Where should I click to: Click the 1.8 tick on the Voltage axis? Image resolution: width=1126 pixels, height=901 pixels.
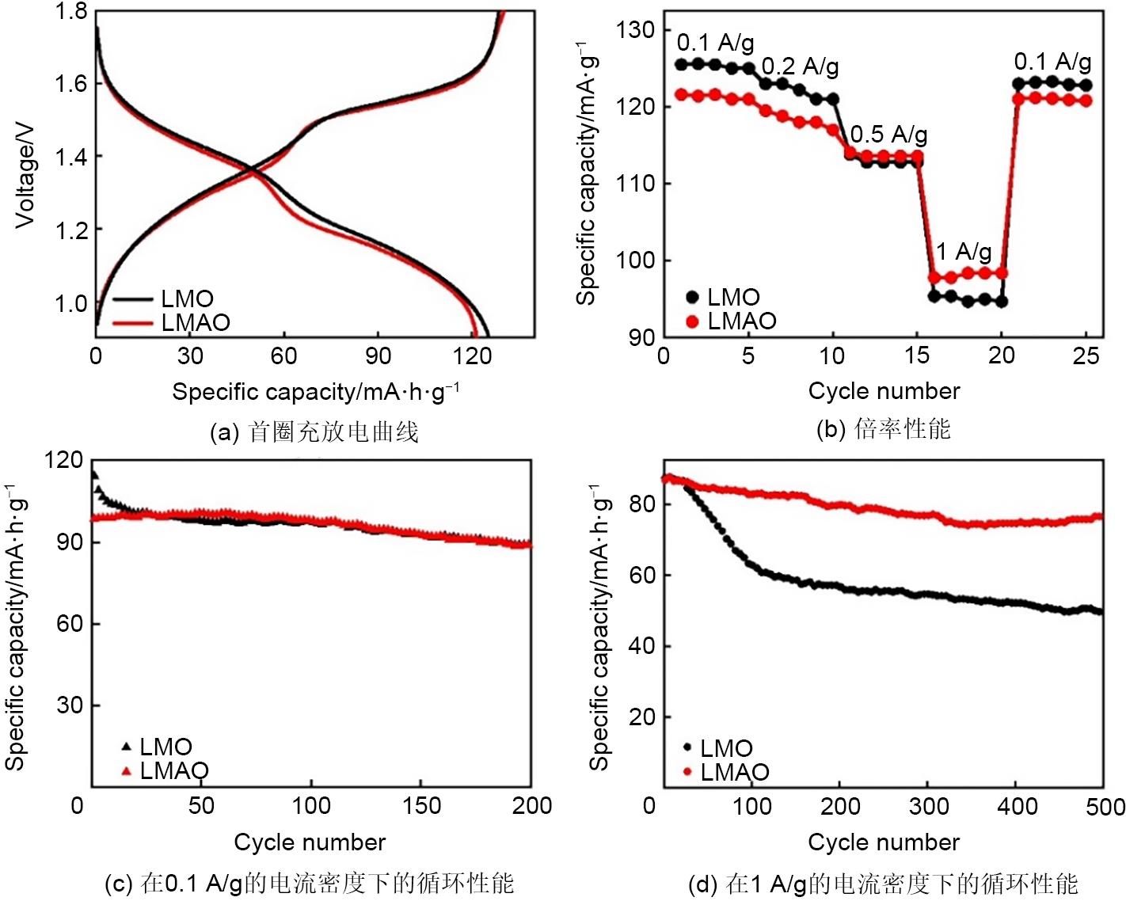[x=70, y=13]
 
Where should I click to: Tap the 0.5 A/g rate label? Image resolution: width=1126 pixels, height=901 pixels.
[x=888, y=135]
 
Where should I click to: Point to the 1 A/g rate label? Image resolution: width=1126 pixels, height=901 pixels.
[x=964, y=252]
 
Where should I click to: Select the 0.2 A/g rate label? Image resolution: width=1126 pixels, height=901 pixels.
[x=800, y=67]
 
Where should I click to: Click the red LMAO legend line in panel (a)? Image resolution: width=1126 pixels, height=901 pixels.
[x=131, y=323]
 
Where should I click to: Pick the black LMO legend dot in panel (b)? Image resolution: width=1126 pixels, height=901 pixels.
[x=693, y=298]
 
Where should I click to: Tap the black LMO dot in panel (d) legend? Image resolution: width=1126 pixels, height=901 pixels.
[x=687, y=747]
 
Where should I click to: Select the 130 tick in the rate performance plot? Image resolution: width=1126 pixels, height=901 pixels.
[x=636, y=30]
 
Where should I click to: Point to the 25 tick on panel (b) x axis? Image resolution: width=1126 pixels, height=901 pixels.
[x=1086, y=355]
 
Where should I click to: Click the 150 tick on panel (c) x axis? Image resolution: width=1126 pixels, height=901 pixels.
[x=421, y=806]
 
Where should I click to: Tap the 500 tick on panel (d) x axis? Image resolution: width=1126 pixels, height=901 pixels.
[x=1105, y=807]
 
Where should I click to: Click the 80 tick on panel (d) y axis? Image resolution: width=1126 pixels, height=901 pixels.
[x=641, y=504]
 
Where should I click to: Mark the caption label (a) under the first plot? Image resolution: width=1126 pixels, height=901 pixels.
[x=224, y=433]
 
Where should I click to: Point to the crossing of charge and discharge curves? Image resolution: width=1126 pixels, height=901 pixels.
[x=252, y=169]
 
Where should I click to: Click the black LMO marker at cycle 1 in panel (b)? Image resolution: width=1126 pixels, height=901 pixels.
[x=681, y=64]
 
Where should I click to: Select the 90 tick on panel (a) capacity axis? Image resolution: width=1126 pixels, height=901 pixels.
[x=378, y=355]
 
